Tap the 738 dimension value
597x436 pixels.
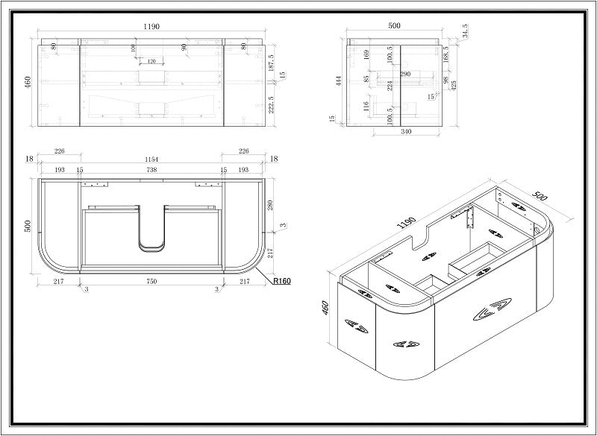pos(151,171)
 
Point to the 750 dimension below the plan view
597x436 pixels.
pos(151,282)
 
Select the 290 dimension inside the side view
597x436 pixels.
pos(404,75)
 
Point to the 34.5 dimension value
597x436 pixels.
pos(466,32)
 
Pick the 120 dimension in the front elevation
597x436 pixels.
pos(151,61)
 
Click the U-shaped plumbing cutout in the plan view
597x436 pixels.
pos(151,228)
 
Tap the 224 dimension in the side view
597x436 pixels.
pos(390,84)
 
